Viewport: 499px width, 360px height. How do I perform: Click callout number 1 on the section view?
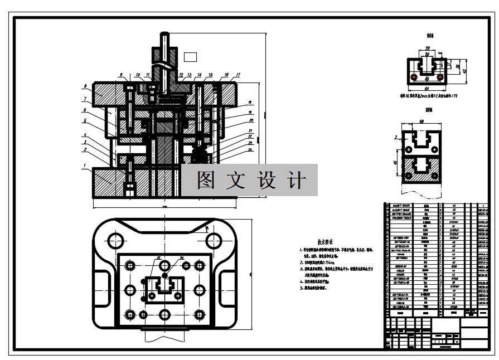84,166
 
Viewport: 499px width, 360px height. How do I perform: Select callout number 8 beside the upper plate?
85,86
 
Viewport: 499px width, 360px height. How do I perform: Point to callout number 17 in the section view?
238,75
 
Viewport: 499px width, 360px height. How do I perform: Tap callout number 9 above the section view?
120,75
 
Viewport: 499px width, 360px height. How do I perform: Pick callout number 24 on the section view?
250,149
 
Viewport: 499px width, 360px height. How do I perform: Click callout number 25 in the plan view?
158,258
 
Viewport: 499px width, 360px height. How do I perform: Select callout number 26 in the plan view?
182,258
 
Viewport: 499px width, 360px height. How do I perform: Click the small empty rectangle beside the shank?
190,56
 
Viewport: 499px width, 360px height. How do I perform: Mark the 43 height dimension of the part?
463,70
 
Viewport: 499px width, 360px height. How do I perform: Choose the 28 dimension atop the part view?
428,48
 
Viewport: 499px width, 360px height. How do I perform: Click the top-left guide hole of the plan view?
116,241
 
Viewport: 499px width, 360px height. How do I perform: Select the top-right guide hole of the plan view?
214,241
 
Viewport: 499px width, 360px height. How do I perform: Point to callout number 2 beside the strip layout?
395,137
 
